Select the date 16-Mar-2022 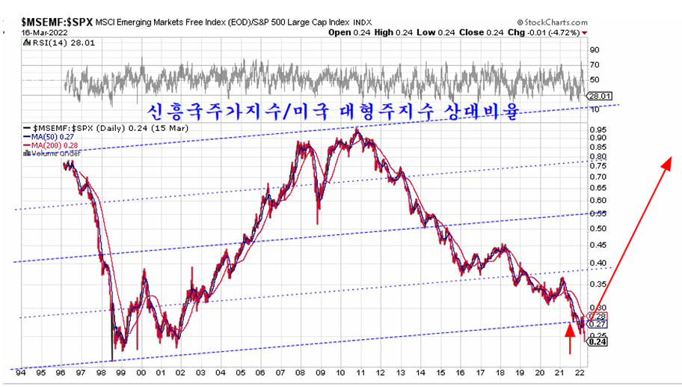tap(33, 33)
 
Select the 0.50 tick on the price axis tap(598, 228)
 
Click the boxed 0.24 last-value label tap(597, 342)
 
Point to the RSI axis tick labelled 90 tap(595, 50)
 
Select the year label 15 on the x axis tap(441, 372)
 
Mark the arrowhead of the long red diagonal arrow tap(669, 159)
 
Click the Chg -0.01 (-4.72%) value tap(549, 33)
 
